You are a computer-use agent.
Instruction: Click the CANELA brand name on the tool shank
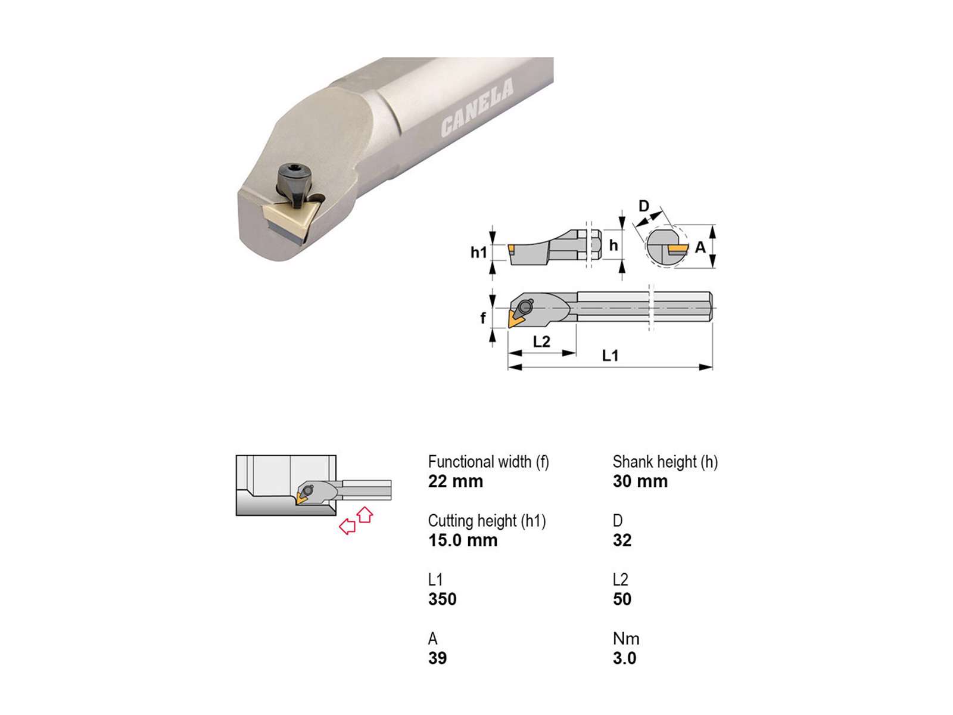[x=476, y=108]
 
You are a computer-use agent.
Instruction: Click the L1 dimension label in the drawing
[x=609, y=356]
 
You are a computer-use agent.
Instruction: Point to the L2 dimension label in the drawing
[x=541, y=341]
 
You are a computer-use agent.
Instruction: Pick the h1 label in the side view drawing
[x=478, y=252]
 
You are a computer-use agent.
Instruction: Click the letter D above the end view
[x=644, y=206]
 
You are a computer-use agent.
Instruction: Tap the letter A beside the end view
[x=700, y=247]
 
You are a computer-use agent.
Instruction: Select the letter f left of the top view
[x=483, y=318]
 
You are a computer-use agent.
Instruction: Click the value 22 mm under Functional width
[x=455, y=481]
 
